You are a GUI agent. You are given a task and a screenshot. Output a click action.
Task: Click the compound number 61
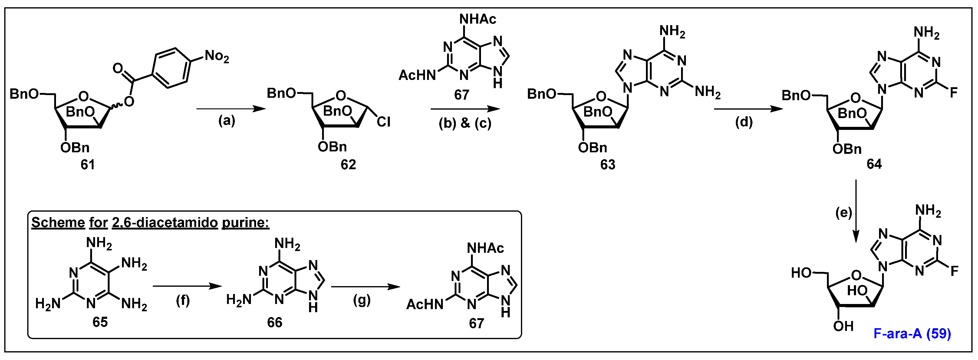88,165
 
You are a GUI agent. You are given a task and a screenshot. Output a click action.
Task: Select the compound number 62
348,165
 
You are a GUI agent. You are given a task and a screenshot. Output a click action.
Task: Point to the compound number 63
608,165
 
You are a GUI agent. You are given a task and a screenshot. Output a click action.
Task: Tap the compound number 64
874,164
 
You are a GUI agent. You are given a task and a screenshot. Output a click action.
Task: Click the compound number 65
100,322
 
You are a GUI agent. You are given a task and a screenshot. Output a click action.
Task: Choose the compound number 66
275,322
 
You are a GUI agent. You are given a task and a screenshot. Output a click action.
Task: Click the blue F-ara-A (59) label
912,333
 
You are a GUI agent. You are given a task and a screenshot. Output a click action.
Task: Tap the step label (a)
227,121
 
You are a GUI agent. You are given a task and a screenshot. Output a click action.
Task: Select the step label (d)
744,122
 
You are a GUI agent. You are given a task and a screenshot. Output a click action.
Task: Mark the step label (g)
361,300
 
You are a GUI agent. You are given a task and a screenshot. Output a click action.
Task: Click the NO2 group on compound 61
217,57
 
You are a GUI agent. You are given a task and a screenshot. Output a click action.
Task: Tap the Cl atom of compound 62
384,122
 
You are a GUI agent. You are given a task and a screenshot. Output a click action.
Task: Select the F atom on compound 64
953,92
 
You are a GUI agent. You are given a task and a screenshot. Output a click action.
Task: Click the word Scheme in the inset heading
58,223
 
